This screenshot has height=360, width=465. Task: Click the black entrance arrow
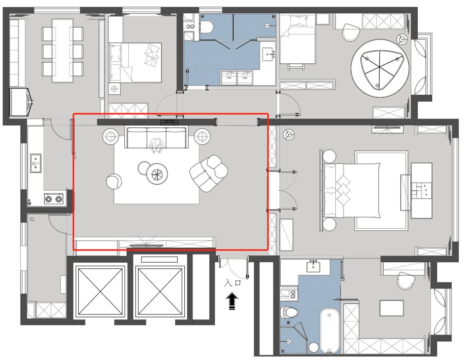[232, 301]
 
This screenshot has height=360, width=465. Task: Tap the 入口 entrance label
[232, 282]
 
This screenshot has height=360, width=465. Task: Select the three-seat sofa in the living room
[156, 137]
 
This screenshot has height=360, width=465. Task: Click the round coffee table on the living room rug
[157, 174]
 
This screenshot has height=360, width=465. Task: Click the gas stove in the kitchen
[54, 199]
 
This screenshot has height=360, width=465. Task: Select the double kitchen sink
[36, 163]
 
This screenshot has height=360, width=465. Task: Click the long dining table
[62, 51]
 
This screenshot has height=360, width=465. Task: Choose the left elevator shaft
[99, 291]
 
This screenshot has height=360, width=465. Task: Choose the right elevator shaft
[160, 291]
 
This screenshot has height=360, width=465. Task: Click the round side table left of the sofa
[111, 137]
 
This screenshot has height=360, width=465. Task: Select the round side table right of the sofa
[202, 137]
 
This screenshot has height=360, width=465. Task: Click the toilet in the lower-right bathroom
[289, 313]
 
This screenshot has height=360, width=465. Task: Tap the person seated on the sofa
[157, 145]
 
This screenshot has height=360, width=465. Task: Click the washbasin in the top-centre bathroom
[269, 54]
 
